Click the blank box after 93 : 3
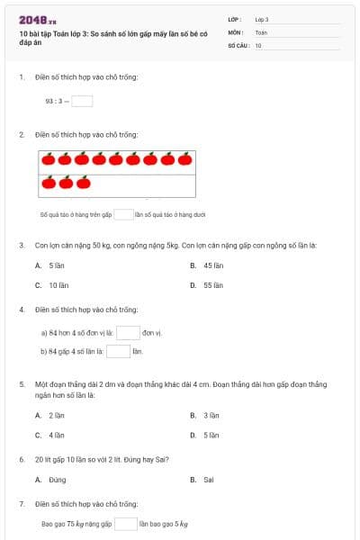(x=82, y=101)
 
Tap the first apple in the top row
(x=48, y=161)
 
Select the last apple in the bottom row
(x=83, y=184)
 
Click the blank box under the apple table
(x=123, y=215)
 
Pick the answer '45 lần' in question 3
(x=212, y=265)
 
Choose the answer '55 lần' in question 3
(x=212, y=284)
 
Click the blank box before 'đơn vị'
(x=128, y=332)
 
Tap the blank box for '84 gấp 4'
(x=119, y=351)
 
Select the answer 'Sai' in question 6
(x=208, y=480)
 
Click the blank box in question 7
(x=125, y=523)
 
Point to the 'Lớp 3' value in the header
(x=262, y=19)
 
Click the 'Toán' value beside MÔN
(x=261, y=31)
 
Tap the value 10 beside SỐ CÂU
(x=258, y=44)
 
